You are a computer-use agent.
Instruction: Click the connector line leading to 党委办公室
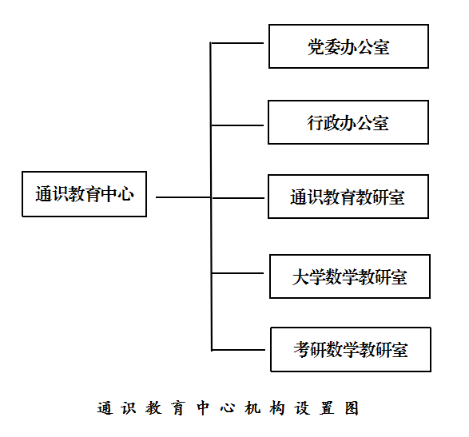(236, 43)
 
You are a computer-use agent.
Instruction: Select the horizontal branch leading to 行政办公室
(237, 125)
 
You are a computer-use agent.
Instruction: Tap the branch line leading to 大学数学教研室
(237, 273)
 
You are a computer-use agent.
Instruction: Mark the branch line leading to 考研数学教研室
(238, 350)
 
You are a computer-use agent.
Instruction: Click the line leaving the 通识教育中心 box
(183, 197)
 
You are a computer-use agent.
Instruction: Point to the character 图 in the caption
(352, 408)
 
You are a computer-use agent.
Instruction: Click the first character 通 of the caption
(105, 408)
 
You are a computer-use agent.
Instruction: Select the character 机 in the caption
(252, 408)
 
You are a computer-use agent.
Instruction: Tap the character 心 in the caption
(228, 408)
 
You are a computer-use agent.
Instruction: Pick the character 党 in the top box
(316, 47)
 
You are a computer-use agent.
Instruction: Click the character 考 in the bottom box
(302, 349)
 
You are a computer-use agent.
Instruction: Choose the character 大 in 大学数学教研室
(300, 276)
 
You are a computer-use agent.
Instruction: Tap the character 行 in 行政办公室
(316, 123)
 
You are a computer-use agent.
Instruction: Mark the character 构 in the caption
(277, 408)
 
